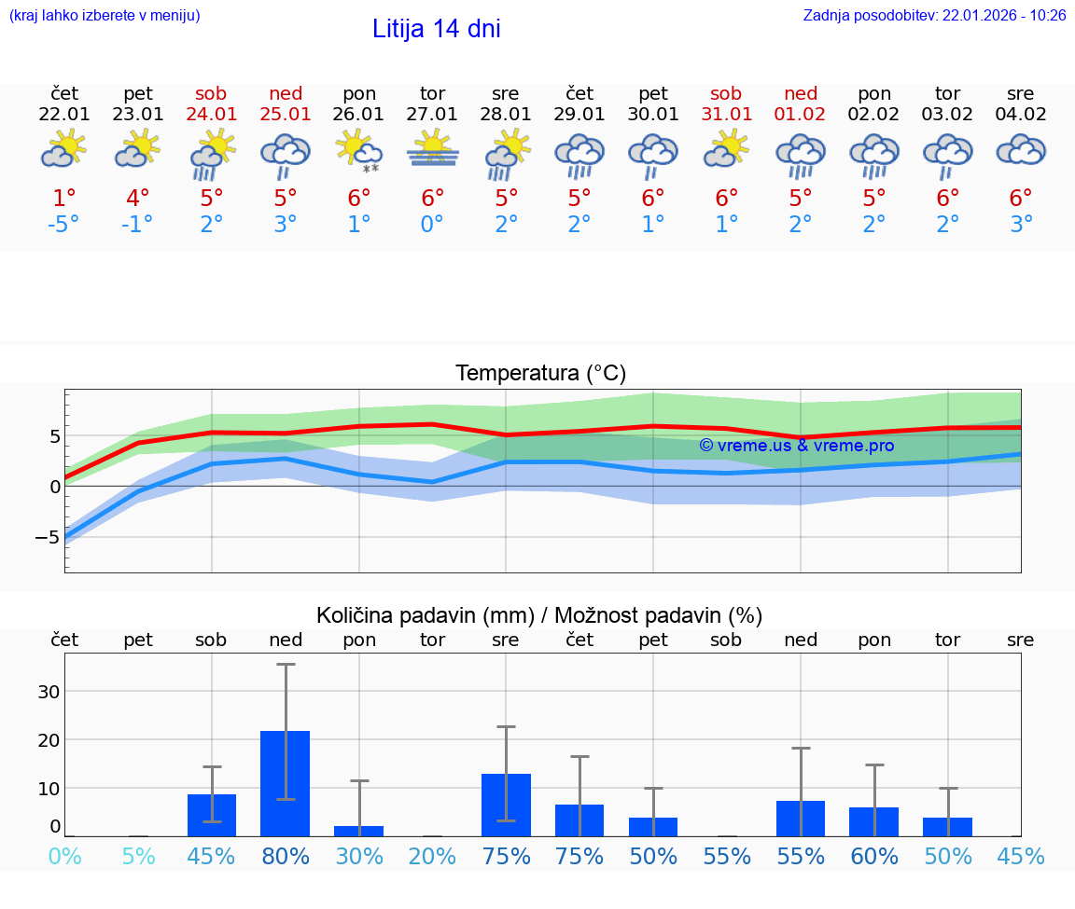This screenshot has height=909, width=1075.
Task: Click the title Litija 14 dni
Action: [x=436, y=29]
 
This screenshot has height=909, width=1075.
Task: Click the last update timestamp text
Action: [x=934, y=15]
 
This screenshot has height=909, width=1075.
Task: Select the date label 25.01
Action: [x=286, y=115]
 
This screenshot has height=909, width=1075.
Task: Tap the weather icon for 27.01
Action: [x=432, y=150]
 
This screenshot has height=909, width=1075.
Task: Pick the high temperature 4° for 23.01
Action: [x=138, y=199]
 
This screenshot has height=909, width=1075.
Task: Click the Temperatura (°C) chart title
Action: [x=540, y=374]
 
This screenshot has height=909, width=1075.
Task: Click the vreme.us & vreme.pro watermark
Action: [x=796, y=446]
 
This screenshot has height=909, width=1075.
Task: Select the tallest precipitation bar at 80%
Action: [x=286, y=783]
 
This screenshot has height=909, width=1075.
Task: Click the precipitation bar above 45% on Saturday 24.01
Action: [x=212, y=815]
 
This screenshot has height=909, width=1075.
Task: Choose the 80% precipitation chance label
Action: [x=286, y=856]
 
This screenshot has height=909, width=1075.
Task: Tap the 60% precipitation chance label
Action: [x=873, y=856]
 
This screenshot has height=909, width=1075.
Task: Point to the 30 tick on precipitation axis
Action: [x=49, y=691]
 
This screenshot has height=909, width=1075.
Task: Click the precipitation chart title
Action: [x=539, y=615]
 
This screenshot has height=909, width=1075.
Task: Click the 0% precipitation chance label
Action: [x=64, y=856]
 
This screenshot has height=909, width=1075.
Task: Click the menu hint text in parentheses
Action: [x=105, y=15]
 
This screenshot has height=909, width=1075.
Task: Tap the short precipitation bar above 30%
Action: [x=359, y=831]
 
